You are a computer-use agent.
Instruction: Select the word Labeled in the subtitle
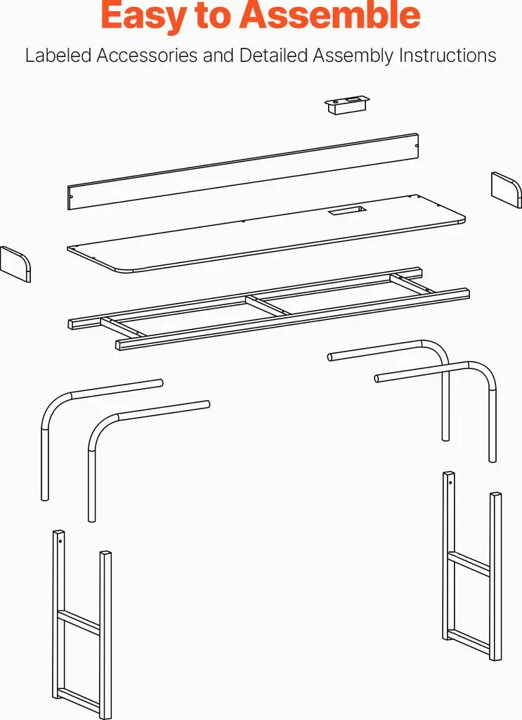tap(58, 56)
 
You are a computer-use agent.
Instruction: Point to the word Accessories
tap(147, 56)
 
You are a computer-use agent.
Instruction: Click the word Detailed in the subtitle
tap(273, 56)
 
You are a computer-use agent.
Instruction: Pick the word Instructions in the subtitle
tap(448, 56)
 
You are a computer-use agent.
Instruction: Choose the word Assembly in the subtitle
tap(353, 56)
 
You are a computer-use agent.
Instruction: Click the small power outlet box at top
tap(346, 105)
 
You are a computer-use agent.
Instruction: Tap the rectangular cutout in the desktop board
tap(347, 211)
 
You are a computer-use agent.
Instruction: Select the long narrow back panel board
tap(243, 172)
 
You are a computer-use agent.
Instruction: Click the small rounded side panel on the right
tap(507, 190)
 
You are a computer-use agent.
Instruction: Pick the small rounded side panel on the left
tap(15, 264)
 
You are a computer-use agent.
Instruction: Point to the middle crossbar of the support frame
tap(268, 305)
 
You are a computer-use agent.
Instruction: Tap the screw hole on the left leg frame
tap(60, 541)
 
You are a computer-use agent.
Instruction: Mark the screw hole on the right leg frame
tap(450, 482)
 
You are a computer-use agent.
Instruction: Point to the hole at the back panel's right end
tap(417, 146)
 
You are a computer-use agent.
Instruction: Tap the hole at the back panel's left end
tap(71, 197)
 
